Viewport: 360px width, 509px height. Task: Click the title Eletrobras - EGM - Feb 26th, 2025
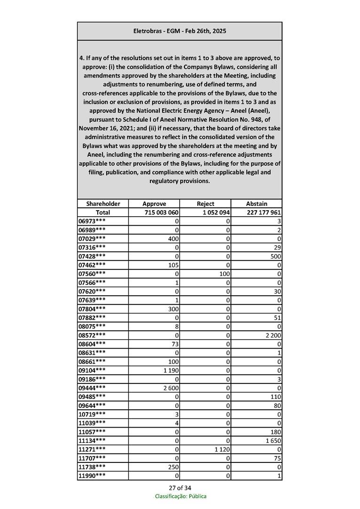(x=180, y=31)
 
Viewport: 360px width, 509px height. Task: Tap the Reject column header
(x=205, y=204)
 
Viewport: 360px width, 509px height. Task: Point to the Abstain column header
(x=257, y=204)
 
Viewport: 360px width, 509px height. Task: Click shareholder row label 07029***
(x=92, y=238)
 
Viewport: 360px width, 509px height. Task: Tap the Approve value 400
(x=173, y=238)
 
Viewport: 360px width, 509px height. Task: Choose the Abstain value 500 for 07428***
(x=275, y=256)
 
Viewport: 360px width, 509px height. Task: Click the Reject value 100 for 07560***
(x=223, y=273)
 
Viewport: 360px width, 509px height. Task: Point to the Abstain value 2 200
(x=272, y=335)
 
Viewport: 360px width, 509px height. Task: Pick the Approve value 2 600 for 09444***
(x=171, y=387)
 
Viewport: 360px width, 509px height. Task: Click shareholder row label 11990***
(x=92, y=475)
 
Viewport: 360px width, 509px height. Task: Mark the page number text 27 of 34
(x=180, y=487)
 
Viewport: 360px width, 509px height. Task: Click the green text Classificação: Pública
(x=180, y=496)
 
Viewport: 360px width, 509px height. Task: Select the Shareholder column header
(x=103, y=204)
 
